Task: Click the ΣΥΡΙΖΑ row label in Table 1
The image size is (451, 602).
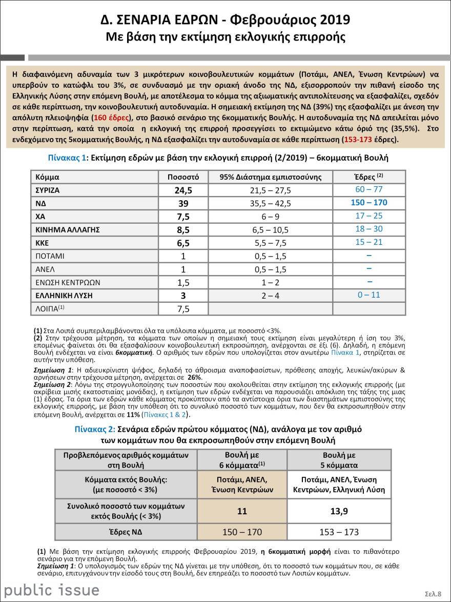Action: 48,190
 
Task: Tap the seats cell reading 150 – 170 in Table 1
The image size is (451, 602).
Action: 369,203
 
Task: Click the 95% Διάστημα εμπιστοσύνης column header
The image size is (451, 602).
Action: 270,177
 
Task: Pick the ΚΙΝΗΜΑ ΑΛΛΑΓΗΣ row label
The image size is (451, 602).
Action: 67,229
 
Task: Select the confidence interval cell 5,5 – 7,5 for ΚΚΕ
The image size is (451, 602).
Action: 270,243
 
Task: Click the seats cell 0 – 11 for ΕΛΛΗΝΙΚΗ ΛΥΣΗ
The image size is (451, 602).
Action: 369,295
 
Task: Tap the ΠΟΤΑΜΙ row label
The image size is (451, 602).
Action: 50,256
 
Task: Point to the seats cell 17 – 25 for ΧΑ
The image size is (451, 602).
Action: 369,216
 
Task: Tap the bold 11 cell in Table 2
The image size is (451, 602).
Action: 242,512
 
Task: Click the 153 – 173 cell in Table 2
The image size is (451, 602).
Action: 339,532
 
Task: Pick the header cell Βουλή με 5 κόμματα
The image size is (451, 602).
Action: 339,460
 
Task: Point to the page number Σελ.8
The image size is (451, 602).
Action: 433,594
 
